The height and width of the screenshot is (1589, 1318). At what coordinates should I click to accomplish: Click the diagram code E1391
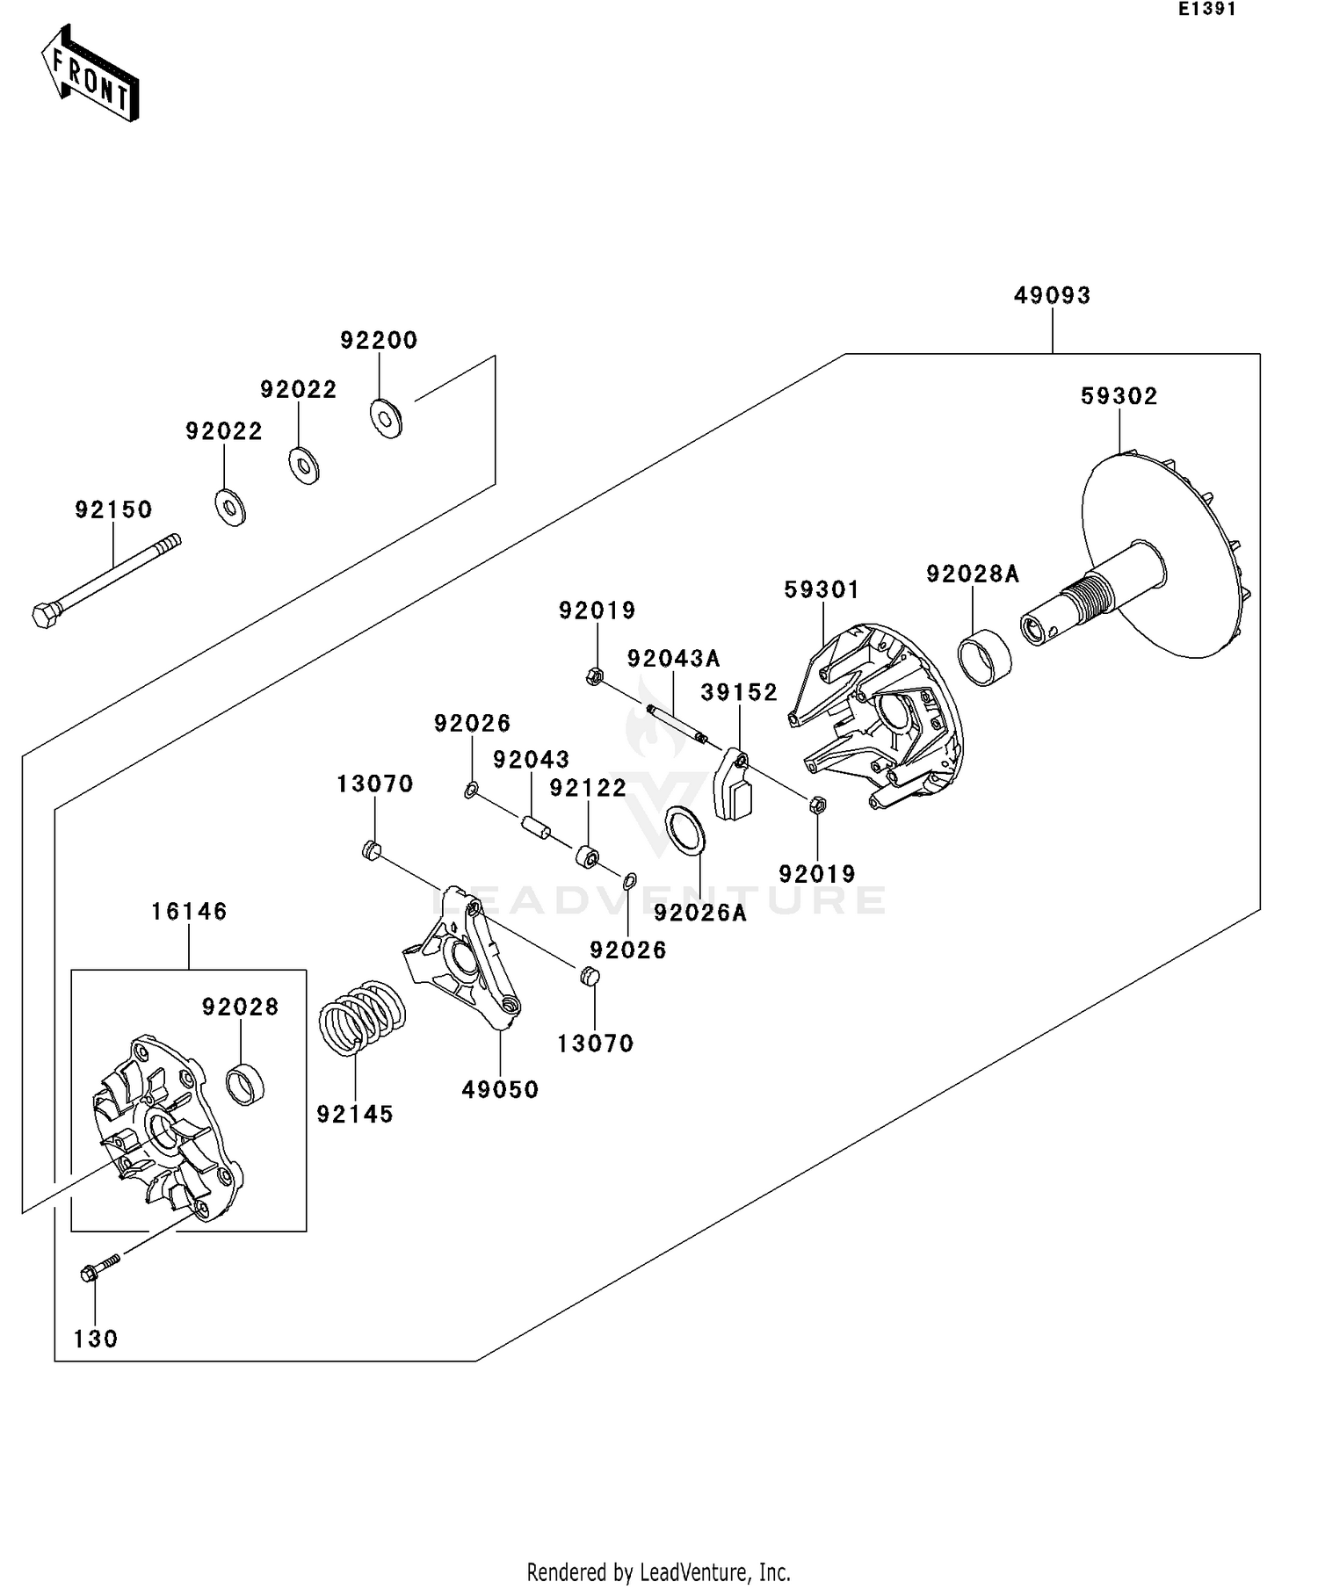pyautogui.click(x=1206, y=10)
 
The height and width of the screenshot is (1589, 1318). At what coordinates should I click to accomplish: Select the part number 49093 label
pyautogui.click(x=1052, y=295)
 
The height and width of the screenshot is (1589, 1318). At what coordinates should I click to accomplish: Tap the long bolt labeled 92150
pyautogui.click(x=105, y=581)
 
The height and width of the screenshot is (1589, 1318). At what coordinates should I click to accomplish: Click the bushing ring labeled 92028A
pyautogui.click(x=983, y=657)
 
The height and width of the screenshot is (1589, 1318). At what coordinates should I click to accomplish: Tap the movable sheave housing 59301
pyautogui.click(x=879, y=716)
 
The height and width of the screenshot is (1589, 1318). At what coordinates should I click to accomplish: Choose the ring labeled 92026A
pyautogui.click(x=686, y=830)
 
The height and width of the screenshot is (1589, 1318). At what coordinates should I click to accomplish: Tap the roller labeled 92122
pyautogui.click(x=587, y=856)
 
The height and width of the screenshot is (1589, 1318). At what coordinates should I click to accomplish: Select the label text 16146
pyautogui.click(x=189, y=912)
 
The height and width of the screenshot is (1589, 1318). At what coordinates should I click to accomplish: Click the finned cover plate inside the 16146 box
pyautogui.click(x=163, y=1130)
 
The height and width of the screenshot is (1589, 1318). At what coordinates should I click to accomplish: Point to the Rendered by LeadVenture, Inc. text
pyautogui.click(x=658, y=1571)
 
